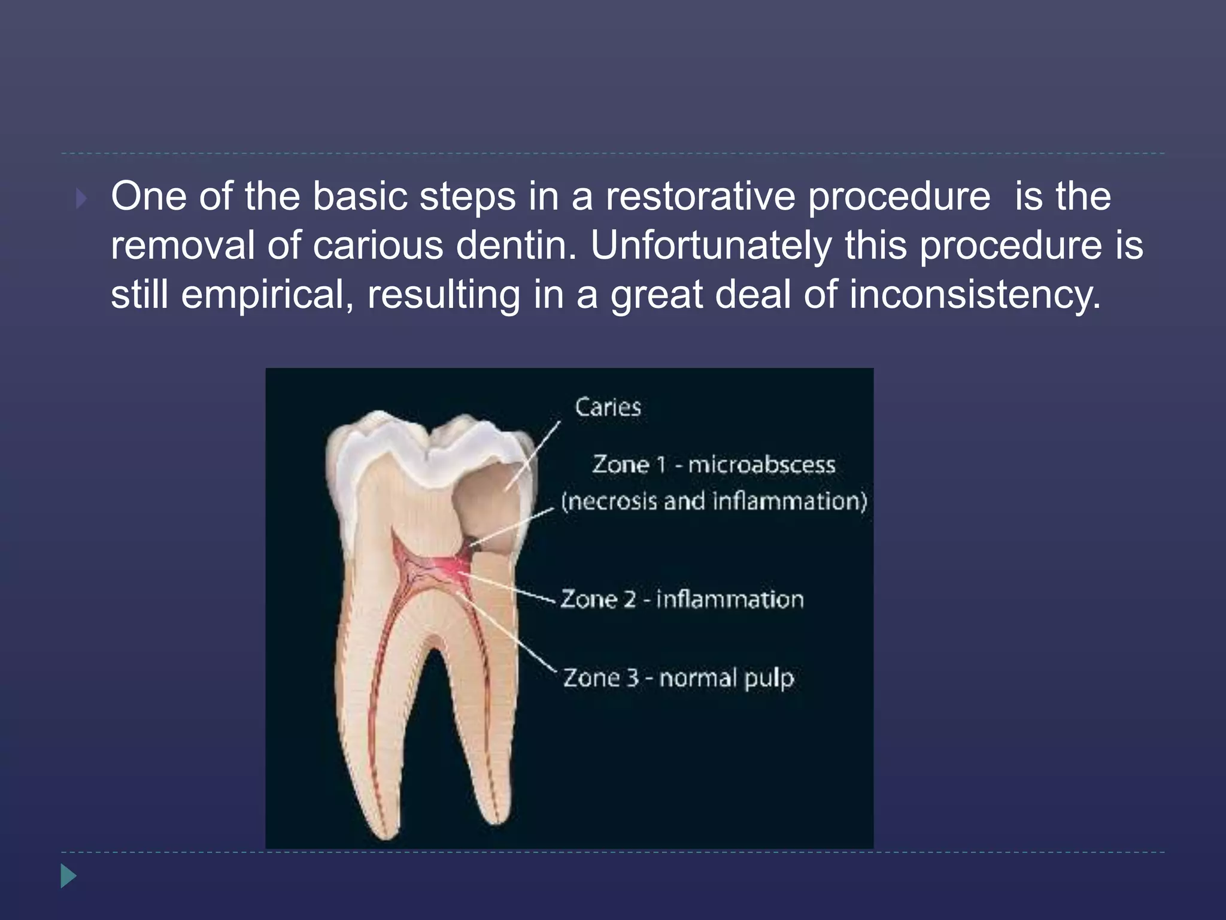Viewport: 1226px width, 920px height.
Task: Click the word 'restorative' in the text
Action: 701,196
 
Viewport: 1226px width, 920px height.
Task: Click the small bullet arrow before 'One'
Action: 81,198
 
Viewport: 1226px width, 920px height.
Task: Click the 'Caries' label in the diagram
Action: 608,407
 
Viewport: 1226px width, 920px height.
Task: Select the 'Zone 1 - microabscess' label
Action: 714,464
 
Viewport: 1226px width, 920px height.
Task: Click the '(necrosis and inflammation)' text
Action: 714,501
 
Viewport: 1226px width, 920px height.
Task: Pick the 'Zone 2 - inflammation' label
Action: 682,599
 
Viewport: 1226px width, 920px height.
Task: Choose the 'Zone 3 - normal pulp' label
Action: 678,677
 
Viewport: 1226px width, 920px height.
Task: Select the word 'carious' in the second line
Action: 378,246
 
